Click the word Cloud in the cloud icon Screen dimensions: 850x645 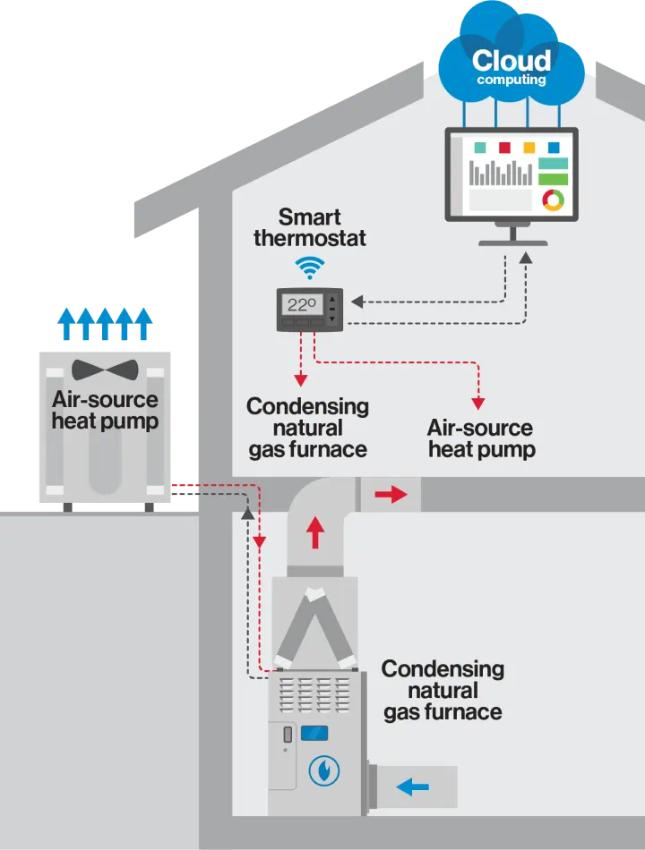[x=511, y=61]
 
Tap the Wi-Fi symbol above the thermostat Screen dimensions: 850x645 [x=310, y=266]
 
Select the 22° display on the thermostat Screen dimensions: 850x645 [x=303, y=304]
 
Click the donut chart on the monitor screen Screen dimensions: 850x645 [x=553, y=200]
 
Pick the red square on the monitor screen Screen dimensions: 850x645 [x=504, y=148]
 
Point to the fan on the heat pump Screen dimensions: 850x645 [x=105, y=370]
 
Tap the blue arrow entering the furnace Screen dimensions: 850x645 [x=412, y=787]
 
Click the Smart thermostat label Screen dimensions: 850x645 [x=310, y=227]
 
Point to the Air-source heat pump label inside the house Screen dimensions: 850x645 [x=481, y=438]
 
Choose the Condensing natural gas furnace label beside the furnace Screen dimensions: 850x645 [x=443, y=691]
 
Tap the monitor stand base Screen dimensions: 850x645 [x=515, y=241]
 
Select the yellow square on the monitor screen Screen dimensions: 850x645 [x=529, y=148]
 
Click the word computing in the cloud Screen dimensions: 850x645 [x=511, y=81]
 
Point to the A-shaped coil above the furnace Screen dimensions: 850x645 [x=314, y=626]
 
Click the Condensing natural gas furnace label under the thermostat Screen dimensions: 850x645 [x=307, y=428]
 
